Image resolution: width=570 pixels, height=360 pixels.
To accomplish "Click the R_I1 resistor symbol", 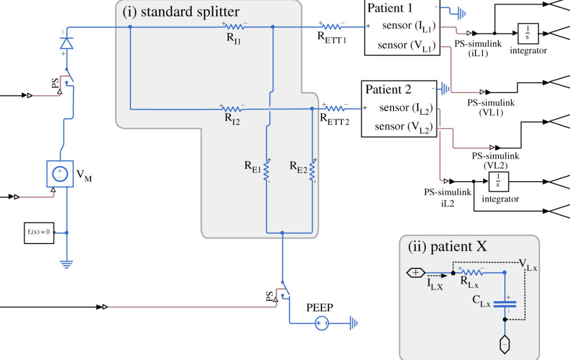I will click(234, 26).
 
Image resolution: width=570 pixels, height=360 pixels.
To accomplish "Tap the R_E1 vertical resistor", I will click(267, 170).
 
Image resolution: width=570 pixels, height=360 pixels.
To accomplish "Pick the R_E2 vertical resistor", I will click(313, 170).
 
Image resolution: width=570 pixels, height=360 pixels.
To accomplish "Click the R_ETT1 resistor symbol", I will click(331, 26).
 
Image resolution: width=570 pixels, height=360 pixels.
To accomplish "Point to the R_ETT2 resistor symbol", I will click(334, 109).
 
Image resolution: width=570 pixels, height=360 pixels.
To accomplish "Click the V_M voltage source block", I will click(59, 173).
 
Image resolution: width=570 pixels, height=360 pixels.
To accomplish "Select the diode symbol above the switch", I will click(66, 44).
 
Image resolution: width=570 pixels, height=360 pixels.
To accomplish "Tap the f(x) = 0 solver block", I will click(39, 232).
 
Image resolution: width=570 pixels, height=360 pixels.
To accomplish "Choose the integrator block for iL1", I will click(527, 34).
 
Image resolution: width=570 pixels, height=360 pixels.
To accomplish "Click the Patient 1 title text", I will click(389, 8).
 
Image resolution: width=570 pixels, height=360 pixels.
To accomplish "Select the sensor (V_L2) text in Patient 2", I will click(403, 127).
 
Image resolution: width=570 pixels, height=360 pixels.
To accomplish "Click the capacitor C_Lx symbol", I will click(504, 304).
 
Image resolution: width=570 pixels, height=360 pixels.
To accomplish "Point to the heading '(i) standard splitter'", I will click(181, 12).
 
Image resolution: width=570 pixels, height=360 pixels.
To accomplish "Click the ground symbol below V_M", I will click(66, 263).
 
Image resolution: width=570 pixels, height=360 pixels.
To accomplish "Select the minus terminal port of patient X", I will click(504, 345).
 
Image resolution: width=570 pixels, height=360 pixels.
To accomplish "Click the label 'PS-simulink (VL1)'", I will click(491, 107).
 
